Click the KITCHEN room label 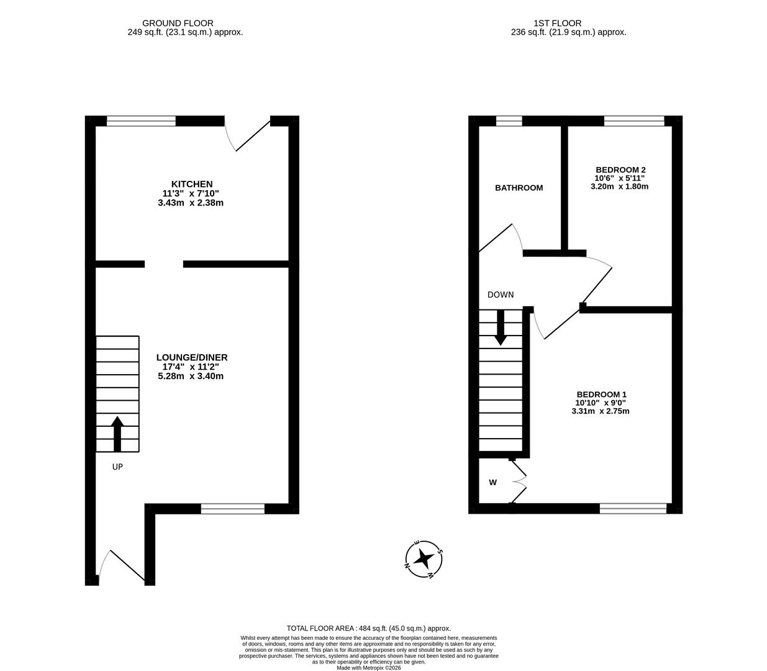192,184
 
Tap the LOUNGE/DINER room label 191,357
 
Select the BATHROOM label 519,188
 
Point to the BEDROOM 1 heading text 601,395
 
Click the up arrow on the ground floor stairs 117,434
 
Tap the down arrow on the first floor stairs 500,327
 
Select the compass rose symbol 424,559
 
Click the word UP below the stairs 117,467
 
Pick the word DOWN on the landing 501,295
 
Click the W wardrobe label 492,482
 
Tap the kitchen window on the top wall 141,121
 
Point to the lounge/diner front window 233,509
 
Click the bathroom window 509,121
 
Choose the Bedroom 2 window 634,121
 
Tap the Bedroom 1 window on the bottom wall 633,509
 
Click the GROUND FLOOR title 178,24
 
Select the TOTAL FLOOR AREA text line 368,629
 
